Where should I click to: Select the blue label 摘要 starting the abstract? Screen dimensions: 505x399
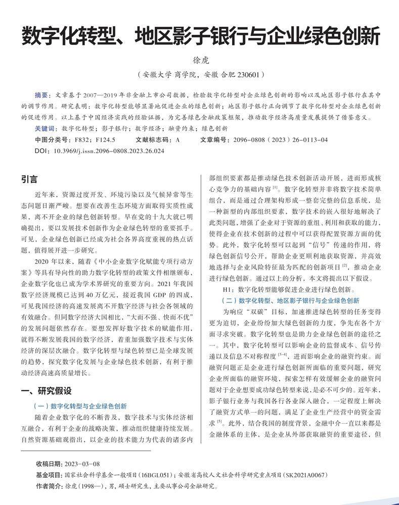coord(41,95)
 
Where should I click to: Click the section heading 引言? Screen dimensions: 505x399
coord(29,179)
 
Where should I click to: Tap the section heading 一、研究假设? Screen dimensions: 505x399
coord(46,390)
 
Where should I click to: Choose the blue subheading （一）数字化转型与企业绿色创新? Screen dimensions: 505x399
coord(79,406)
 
